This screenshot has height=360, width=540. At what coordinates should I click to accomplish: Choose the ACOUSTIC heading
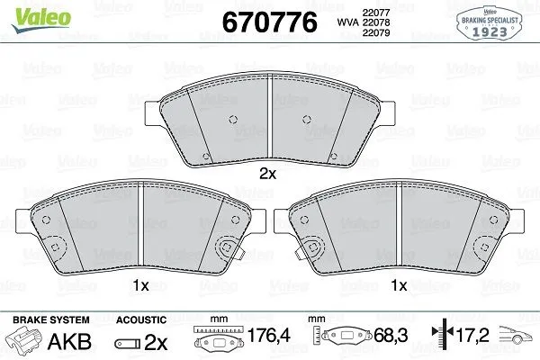tap(141, 319)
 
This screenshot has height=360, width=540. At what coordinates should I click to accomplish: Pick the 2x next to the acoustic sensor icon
tap(157, 342)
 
